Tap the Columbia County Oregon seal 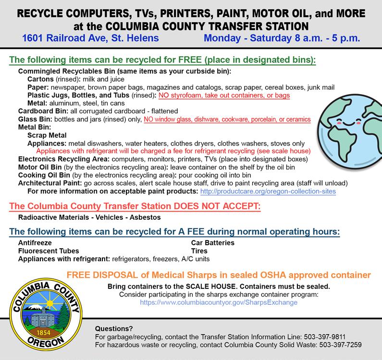pyautogui.click(x=49, y=313)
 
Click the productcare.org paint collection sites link pyautogui.click(x=267, y=192)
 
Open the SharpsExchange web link pyautogui.click(x=219, y=303)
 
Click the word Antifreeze pyautogui.click(x=35, y=243)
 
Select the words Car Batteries pyautogui.click(x=212, y=243)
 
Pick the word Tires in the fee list pyautogui.click(x=199, y=251)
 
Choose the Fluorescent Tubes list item pyautogui.click(x=49, y=251)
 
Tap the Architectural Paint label pyautogui.click(x=48, y=183)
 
